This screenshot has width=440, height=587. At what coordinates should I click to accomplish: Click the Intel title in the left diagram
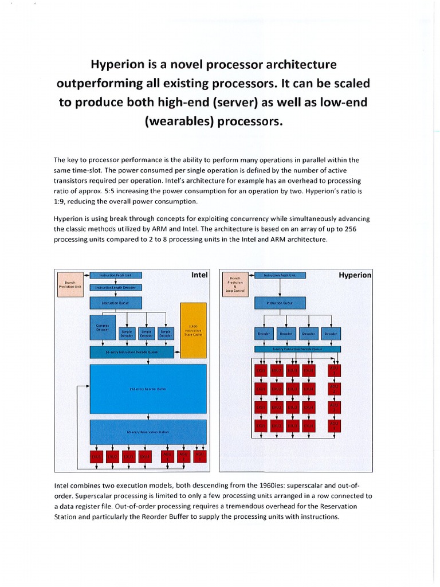tap(199, 275)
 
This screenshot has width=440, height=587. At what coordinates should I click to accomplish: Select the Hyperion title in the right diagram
tap(355, 275)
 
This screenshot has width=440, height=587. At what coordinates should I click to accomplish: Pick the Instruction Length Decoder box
tap(116, 287)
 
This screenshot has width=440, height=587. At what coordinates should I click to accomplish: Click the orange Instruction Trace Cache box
tap(192, 329)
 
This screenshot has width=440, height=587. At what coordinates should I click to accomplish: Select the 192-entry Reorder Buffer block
tap(148, 388)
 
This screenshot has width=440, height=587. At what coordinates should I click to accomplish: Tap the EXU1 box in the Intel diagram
tap(97, 456)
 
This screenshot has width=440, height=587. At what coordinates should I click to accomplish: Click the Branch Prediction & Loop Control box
tap(235, 283)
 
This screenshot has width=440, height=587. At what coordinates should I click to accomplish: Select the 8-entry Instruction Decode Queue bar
tap(297, 349)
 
